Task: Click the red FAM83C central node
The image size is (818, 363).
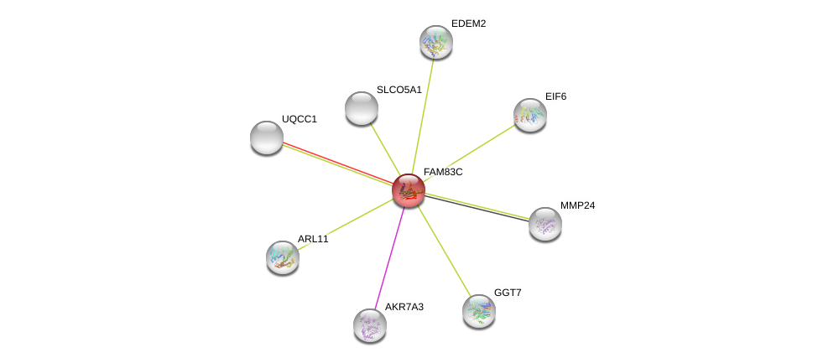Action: point(409,190)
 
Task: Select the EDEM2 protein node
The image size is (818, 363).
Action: point(436,42)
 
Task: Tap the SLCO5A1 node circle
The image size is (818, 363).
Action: point(362,108)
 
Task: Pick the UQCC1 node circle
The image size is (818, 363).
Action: point(267,137)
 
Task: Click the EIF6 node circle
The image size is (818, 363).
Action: point(530,115)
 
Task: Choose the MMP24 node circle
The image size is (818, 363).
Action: point(545,224)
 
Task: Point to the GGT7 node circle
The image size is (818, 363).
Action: point(479,311)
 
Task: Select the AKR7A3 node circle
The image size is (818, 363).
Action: point(370,325)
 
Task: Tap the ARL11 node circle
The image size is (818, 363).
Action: point(283,257)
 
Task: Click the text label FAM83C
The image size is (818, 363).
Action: point(443,172)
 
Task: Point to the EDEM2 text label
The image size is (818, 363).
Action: point(468,23)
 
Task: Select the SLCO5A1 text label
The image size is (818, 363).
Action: point(399,90)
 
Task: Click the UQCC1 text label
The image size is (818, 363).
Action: point(299,119)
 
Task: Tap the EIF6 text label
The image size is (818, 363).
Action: point(555,96)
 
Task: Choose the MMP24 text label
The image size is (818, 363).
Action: point(577,205)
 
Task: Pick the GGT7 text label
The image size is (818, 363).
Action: point(508,293)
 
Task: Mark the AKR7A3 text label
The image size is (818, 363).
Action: point(404,307)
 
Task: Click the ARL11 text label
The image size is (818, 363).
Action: point(313,239)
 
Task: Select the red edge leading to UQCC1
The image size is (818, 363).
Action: point(336,162)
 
